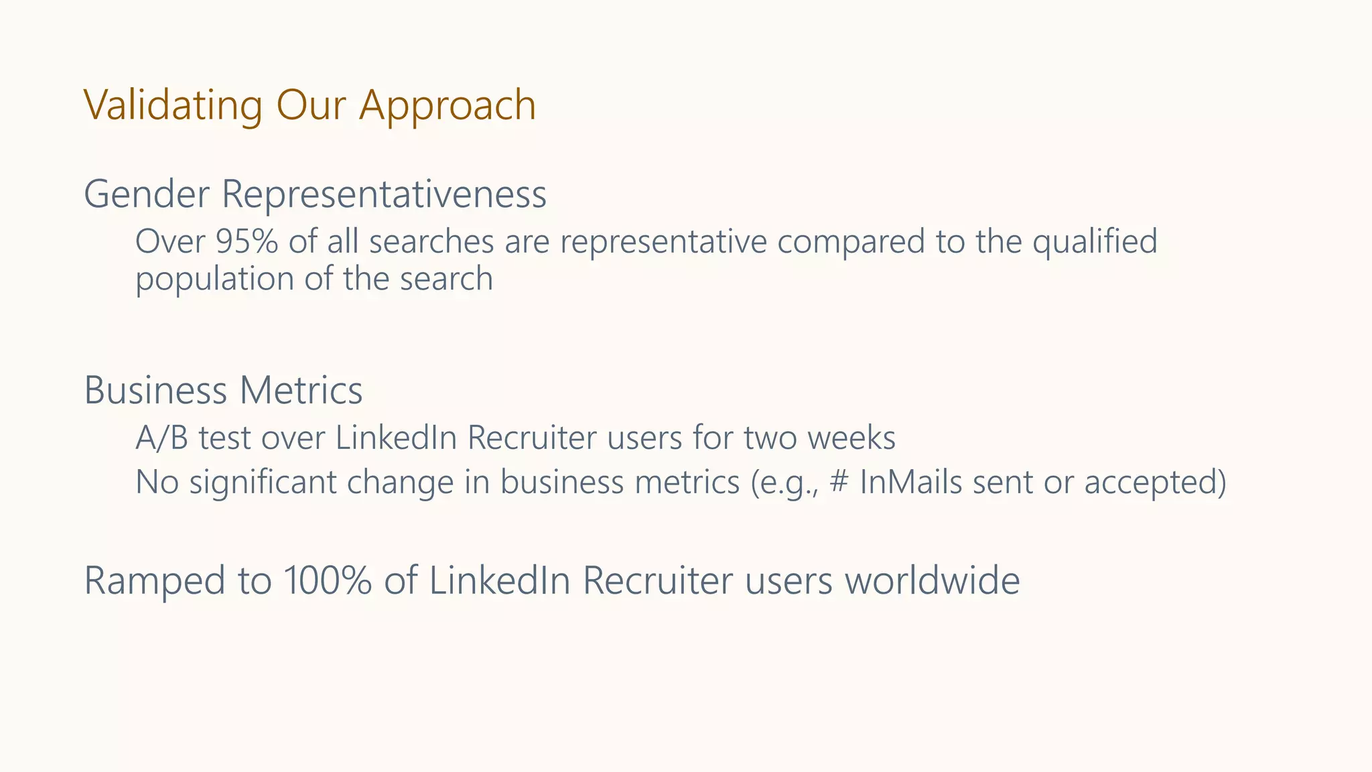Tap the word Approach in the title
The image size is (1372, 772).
tap(448, 107)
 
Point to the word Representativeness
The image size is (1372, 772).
tap(384, 194)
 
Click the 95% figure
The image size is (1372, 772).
tap(247, 242)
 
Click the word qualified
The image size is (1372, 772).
tap(1095, 242)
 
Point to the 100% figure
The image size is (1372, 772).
tap(327, 580)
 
